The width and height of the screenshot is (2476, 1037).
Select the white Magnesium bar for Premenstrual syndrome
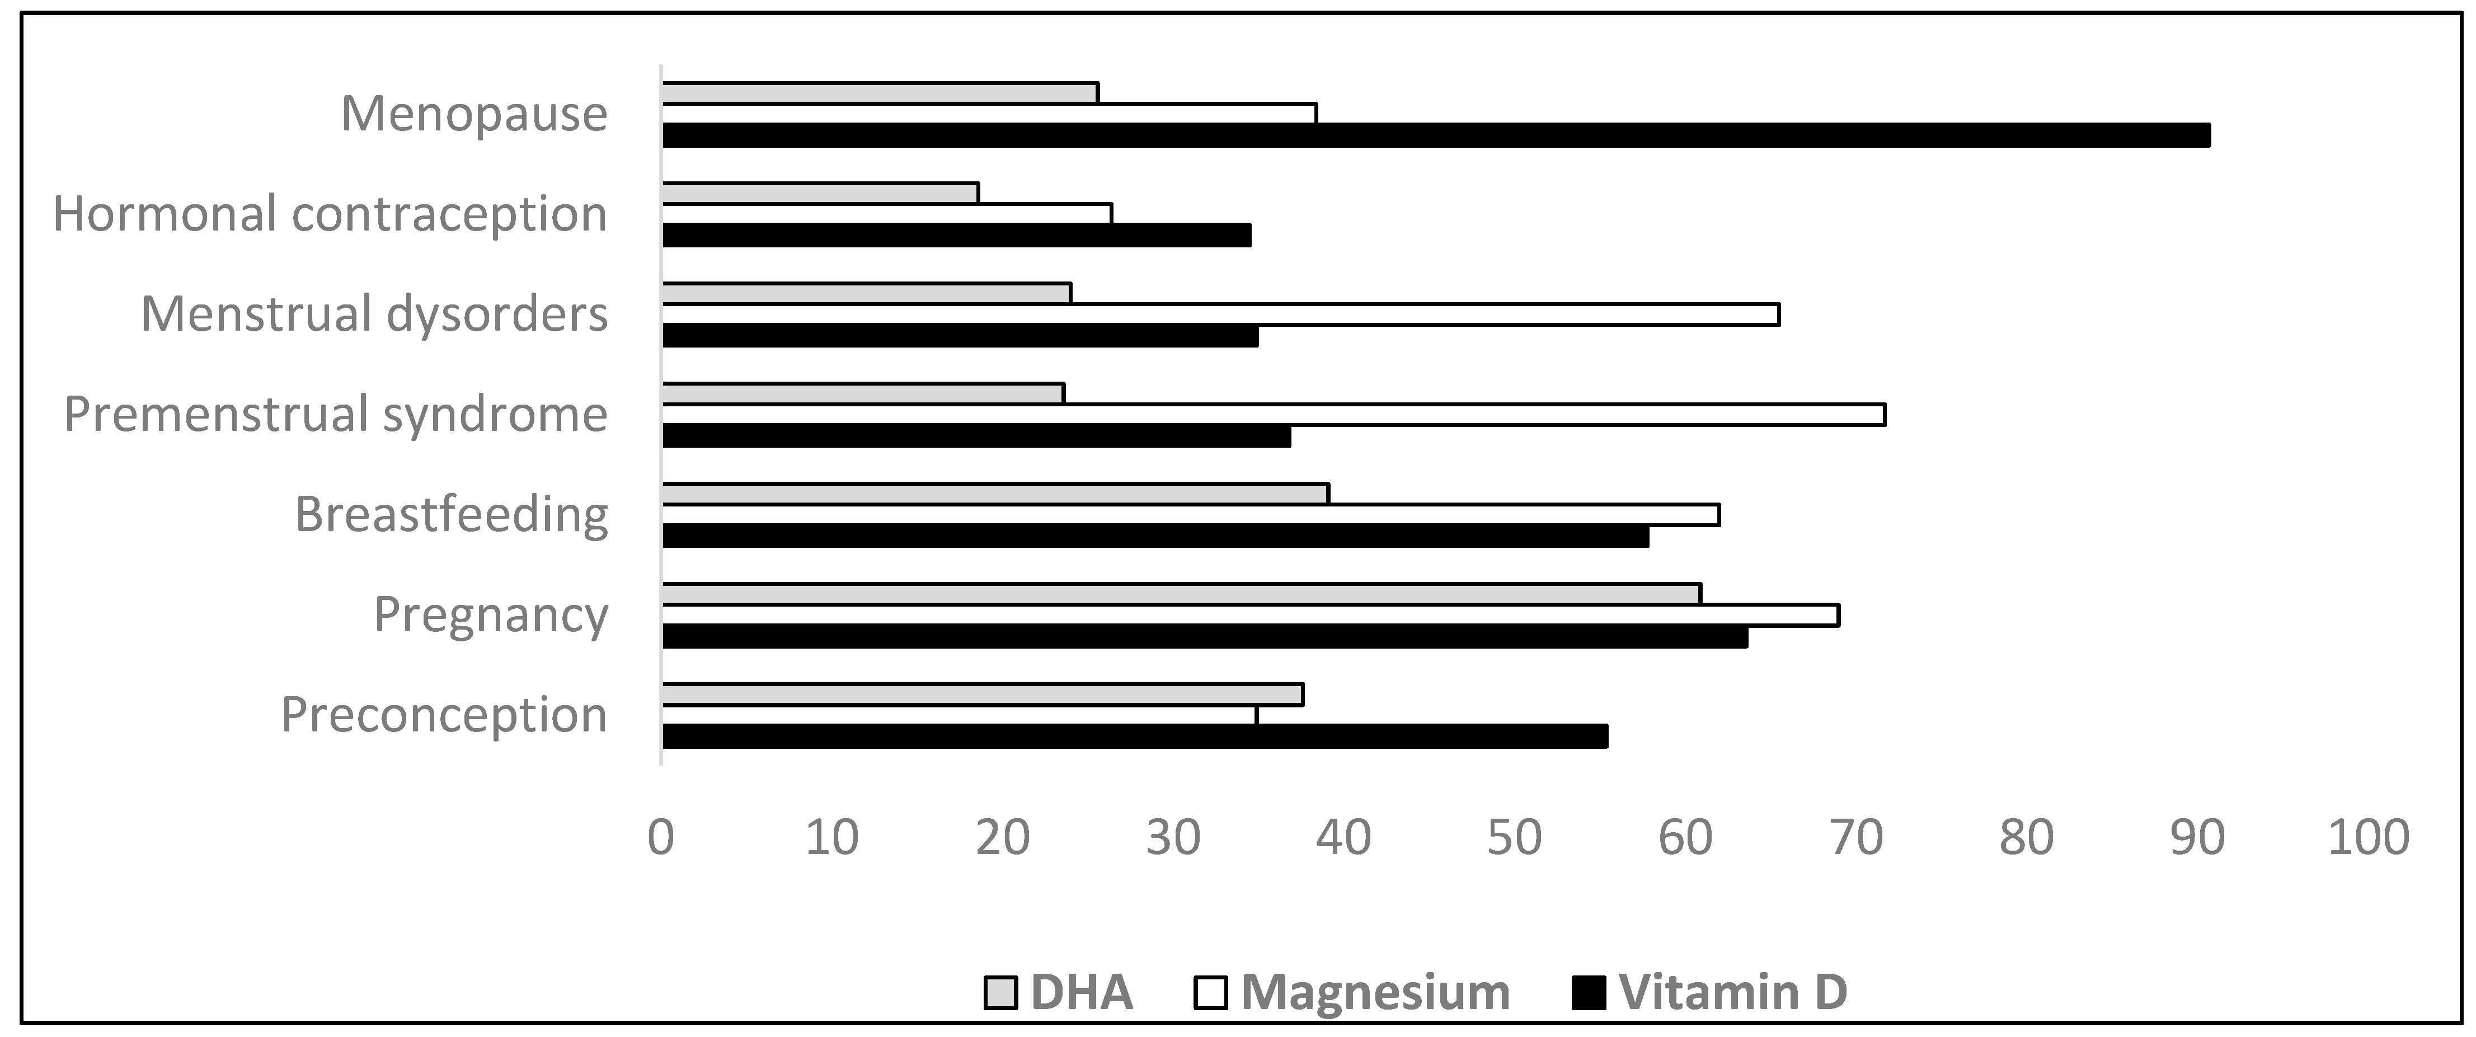point(1274,414)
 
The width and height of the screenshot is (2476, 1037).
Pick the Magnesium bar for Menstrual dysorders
point(1221,315)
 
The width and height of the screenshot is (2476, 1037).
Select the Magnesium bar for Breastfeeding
point(1191,515)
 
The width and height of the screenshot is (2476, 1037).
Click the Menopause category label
point(474,114)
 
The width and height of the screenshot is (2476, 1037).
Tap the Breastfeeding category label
point(451,515)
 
